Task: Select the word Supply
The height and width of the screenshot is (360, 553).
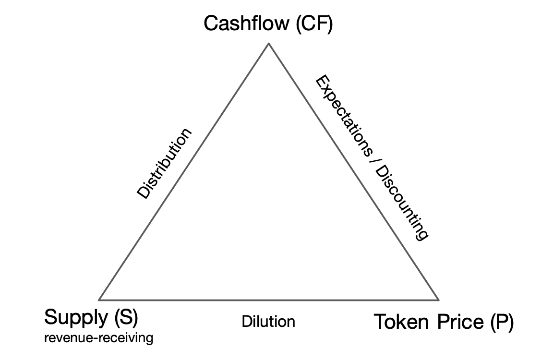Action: click(75, 317)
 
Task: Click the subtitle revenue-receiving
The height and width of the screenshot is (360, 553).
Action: click(98, 338)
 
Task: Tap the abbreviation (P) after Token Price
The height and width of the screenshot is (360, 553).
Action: click(502, 322)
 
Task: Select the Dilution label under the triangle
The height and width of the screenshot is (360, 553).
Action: click(268, 321)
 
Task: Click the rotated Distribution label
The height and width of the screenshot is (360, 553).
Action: click(165, 164)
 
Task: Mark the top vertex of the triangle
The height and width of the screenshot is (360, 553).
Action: click(268, 44)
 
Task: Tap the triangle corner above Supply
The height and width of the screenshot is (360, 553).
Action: click(99, 299)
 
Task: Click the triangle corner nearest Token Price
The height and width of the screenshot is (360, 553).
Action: click(438, 300)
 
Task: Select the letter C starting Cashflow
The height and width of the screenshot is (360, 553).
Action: click(210, 24)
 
